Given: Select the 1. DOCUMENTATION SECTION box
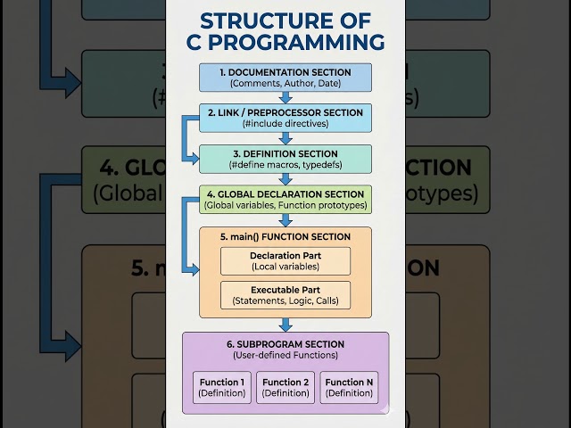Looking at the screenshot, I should point(285,78).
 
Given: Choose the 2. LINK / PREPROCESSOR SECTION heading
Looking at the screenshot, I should point(285,112).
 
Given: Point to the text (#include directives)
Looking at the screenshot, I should point(285,124).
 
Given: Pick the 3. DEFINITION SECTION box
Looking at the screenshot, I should point(285,159).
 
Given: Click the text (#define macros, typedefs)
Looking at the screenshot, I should point(285,165).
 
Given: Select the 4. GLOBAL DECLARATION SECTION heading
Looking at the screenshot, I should point(285,193).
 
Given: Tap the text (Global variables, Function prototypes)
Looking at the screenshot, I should point(285,205).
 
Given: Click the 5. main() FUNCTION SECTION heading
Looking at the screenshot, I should point(285,236).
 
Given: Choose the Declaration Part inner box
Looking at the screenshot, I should point(285,261).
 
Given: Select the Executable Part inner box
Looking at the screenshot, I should point(285,295).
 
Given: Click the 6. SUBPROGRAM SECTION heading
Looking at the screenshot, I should point(285,344).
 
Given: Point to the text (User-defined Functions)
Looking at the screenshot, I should point(285,356).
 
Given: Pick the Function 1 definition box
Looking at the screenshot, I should point(221,387).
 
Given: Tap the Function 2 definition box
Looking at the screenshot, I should point(285,387).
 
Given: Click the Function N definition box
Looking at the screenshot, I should point(350,387).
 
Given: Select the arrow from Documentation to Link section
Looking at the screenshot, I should point(285,98).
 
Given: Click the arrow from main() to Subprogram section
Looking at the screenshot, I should point(285,324).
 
